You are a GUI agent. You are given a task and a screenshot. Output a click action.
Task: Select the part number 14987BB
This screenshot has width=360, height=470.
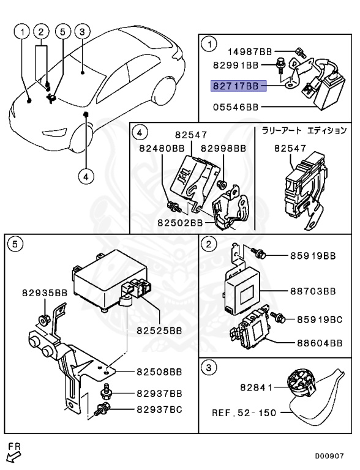(250, 52)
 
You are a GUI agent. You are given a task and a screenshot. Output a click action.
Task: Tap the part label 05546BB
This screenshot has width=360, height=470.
(236, 107)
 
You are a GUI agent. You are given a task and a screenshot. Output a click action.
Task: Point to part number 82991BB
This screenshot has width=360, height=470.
(236, 65)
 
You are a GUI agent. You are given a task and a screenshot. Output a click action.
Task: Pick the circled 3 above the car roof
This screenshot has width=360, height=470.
(82, 32)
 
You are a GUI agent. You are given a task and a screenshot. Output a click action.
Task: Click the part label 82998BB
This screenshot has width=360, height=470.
(223, 148)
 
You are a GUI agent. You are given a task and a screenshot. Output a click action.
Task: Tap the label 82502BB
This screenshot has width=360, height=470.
(180, 223)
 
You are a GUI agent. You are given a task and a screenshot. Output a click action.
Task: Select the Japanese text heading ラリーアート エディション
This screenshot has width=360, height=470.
(304, 130)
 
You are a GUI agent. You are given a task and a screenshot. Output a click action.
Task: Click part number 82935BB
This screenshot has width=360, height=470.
(45, 293)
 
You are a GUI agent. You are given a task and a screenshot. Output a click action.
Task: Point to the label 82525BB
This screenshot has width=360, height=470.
(160, 330)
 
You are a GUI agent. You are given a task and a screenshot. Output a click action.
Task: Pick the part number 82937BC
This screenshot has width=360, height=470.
(160, 409)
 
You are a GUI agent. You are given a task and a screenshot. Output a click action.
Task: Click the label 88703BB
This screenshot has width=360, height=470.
(313, 291)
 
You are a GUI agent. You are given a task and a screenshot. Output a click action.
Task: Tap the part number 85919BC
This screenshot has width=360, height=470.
(320, 319)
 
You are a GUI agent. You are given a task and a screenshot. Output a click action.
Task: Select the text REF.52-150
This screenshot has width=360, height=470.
(244, 412)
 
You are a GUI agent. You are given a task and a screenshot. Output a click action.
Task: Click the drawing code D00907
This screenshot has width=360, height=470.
(329, 456)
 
